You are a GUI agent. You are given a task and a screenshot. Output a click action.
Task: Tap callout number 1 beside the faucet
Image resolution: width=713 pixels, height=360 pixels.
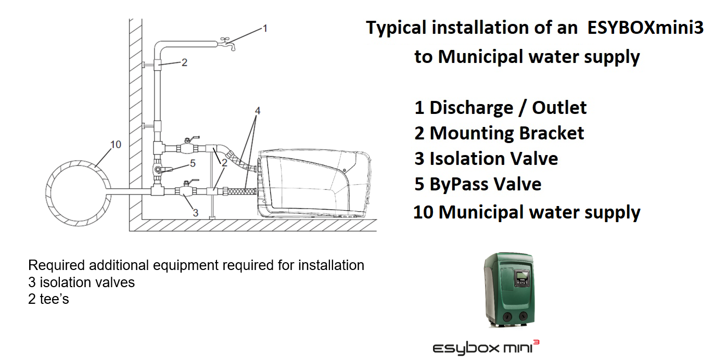(265, 29)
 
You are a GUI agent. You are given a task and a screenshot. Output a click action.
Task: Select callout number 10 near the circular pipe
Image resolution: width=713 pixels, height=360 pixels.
(116, 145)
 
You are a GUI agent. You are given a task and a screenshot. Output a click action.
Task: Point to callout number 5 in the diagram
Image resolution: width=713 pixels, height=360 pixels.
(193, 163)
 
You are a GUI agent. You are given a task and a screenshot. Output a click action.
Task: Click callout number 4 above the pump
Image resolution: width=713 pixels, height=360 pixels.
(258, 111)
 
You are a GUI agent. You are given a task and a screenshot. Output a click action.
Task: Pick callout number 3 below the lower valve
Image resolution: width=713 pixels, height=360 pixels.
(196, 213)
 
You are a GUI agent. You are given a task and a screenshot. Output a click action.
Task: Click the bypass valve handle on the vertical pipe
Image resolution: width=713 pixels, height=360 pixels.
(165, 170)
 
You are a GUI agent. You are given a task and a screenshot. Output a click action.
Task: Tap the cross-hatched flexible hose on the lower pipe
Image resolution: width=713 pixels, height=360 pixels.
(241, 191)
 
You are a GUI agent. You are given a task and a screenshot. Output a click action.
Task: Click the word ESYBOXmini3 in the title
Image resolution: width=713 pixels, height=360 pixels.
(645, 28)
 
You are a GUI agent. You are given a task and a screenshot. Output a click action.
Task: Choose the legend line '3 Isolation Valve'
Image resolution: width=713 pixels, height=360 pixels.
(486, 159)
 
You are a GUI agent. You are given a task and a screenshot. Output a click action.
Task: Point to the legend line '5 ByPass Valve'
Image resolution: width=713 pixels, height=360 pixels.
(478, 184)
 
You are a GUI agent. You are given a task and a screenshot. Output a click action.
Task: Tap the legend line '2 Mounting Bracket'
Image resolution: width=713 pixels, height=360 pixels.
(499, 133)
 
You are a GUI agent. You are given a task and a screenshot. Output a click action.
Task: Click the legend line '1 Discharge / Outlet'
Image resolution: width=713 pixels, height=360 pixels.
(500, 108)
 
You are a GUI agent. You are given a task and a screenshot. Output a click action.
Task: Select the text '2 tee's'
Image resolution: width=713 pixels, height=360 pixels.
(48, 299)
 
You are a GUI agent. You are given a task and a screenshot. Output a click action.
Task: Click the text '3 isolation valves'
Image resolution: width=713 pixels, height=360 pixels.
(82, 282)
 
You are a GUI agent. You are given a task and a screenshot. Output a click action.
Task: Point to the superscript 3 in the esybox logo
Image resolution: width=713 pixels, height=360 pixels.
(537, 342)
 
